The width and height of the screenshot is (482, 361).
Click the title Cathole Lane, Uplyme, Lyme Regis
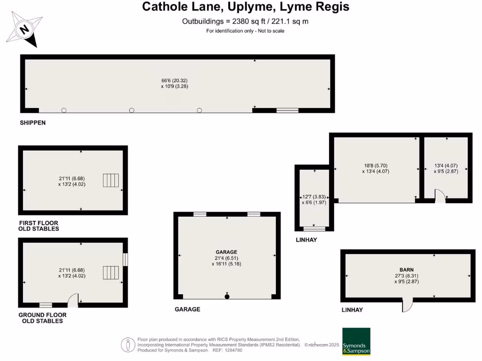point(245,7)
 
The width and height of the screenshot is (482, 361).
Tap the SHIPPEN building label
point(32,123)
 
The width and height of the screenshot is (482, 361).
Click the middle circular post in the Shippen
point(132,110)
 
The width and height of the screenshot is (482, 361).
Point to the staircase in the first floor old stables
point(111,180)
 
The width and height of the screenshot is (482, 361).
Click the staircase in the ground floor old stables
point(111,273)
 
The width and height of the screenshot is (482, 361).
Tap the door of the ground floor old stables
point(74,300)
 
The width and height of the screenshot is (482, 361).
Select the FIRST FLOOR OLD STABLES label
point(39,226)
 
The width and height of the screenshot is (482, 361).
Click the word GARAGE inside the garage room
point(226,252)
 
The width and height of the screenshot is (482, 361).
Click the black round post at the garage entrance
point(227,297)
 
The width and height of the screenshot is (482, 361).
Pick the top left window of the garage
point(200,214)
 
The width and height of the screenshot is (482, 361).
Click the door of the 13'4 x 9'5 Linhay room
point(439,197)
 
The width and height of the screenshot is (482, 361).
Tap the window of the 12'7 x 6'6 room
point(314,229)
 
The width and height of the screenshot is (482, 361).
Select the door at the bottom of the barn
point(408,306)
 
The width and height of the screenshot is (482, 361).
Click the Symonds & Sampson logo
point(356,342)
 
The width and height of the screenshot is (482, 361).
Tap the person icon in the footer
point(127,345)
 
